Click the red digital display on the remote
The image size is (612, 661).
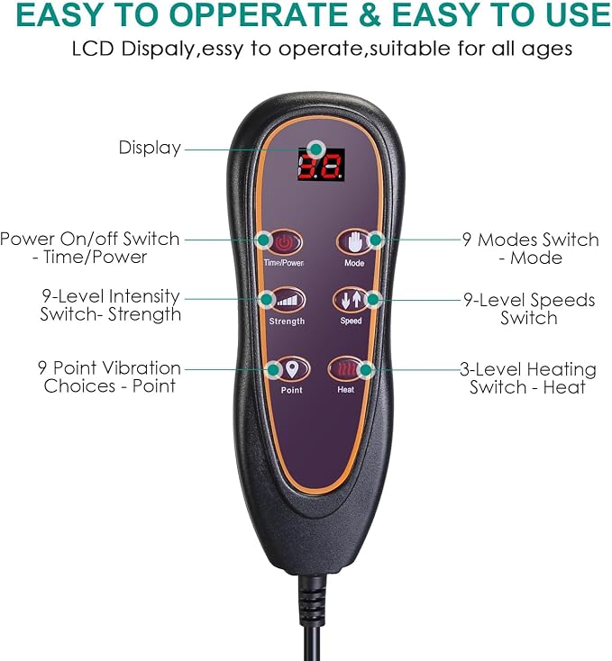pos(322,165)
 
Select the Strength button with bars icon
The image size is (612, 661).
pos(288,300)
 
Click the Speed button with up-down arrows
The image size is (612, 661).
pos(351,299)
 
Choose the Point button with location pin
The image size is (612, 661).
pos(292,369)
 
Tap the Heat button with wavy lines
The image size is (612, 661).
pos(345,370)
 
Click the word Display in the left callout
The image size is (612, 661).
pos(150,148)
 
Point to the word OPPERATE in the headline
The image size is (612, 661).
pos(258,15)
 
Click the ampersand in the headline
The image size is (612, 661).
pos(370,15)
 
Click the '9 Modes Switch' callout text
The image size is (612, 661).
pos(531,240)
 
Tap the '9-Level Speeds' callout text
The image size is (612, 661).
pos(530,300)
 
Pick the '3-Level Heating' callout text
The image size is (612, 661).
pos(528,369)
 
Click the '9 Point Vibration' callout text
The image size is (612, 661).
pos(109,367)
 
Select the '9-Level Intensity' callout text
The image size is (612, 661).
pos(111,296)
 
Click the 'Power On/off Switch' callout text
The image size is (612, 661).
pos(90,239)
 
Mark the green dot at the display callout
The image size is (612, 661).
pos(315,149)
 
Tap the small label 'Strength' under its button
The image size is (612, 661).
pos(287,321)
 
